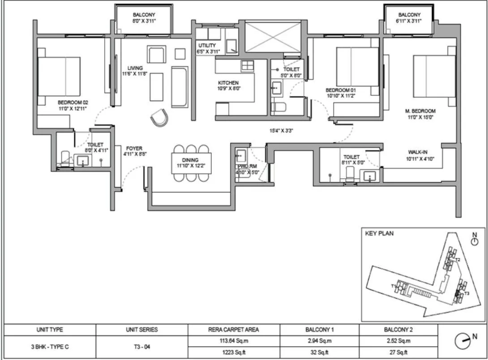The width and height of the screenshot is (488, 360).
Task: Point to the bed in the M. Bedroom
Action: (x=434, y=76)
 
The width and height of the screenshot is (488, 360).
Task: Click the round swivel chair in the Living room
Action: (x=159, y=118)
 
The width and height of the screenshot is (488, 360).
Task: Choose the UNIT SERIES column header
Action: (x=141, y=330)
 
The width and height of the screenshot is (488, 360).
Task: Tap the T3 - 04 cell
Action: (x=141, y=346)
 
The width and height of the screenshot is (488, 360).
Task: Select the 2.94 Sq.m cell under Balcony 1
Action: (x=320, y=341)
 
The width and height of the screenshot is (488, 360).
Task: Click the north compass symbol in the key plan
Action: (x=475, y=240)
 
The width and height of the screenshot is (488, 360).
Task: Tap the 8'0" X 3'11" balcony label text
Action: (x=143, y=21)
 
